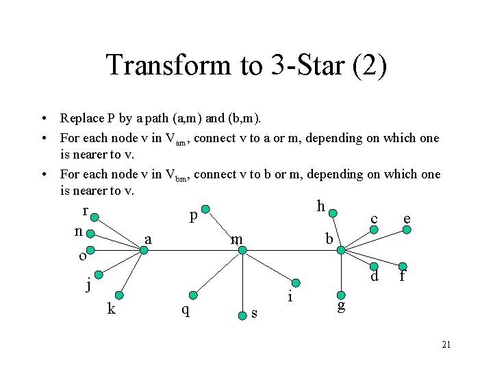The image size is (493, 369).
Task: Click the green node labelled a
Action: click(144, 250)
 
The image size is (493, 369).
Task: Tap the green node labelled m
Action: click(242, 250)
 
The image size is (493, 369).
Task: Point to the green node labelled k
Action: click(121, 295)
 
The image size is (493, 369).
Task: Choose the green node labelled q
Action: click(193, 295)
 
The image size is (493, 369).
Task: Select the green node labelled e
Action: click(407, 230)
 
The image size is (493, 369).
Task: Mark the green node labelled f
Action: click(404, 266)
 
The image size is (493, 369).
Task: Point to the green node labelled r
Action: click(94, 219)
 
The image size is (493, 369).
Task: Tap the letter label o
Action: click(82, 256)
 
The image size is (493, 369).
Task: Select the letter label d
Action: click(375, 277)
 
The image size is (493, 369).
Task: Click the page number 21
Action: click(446, 344)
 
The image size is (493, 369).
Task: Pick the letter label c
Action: click(374, 219)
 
